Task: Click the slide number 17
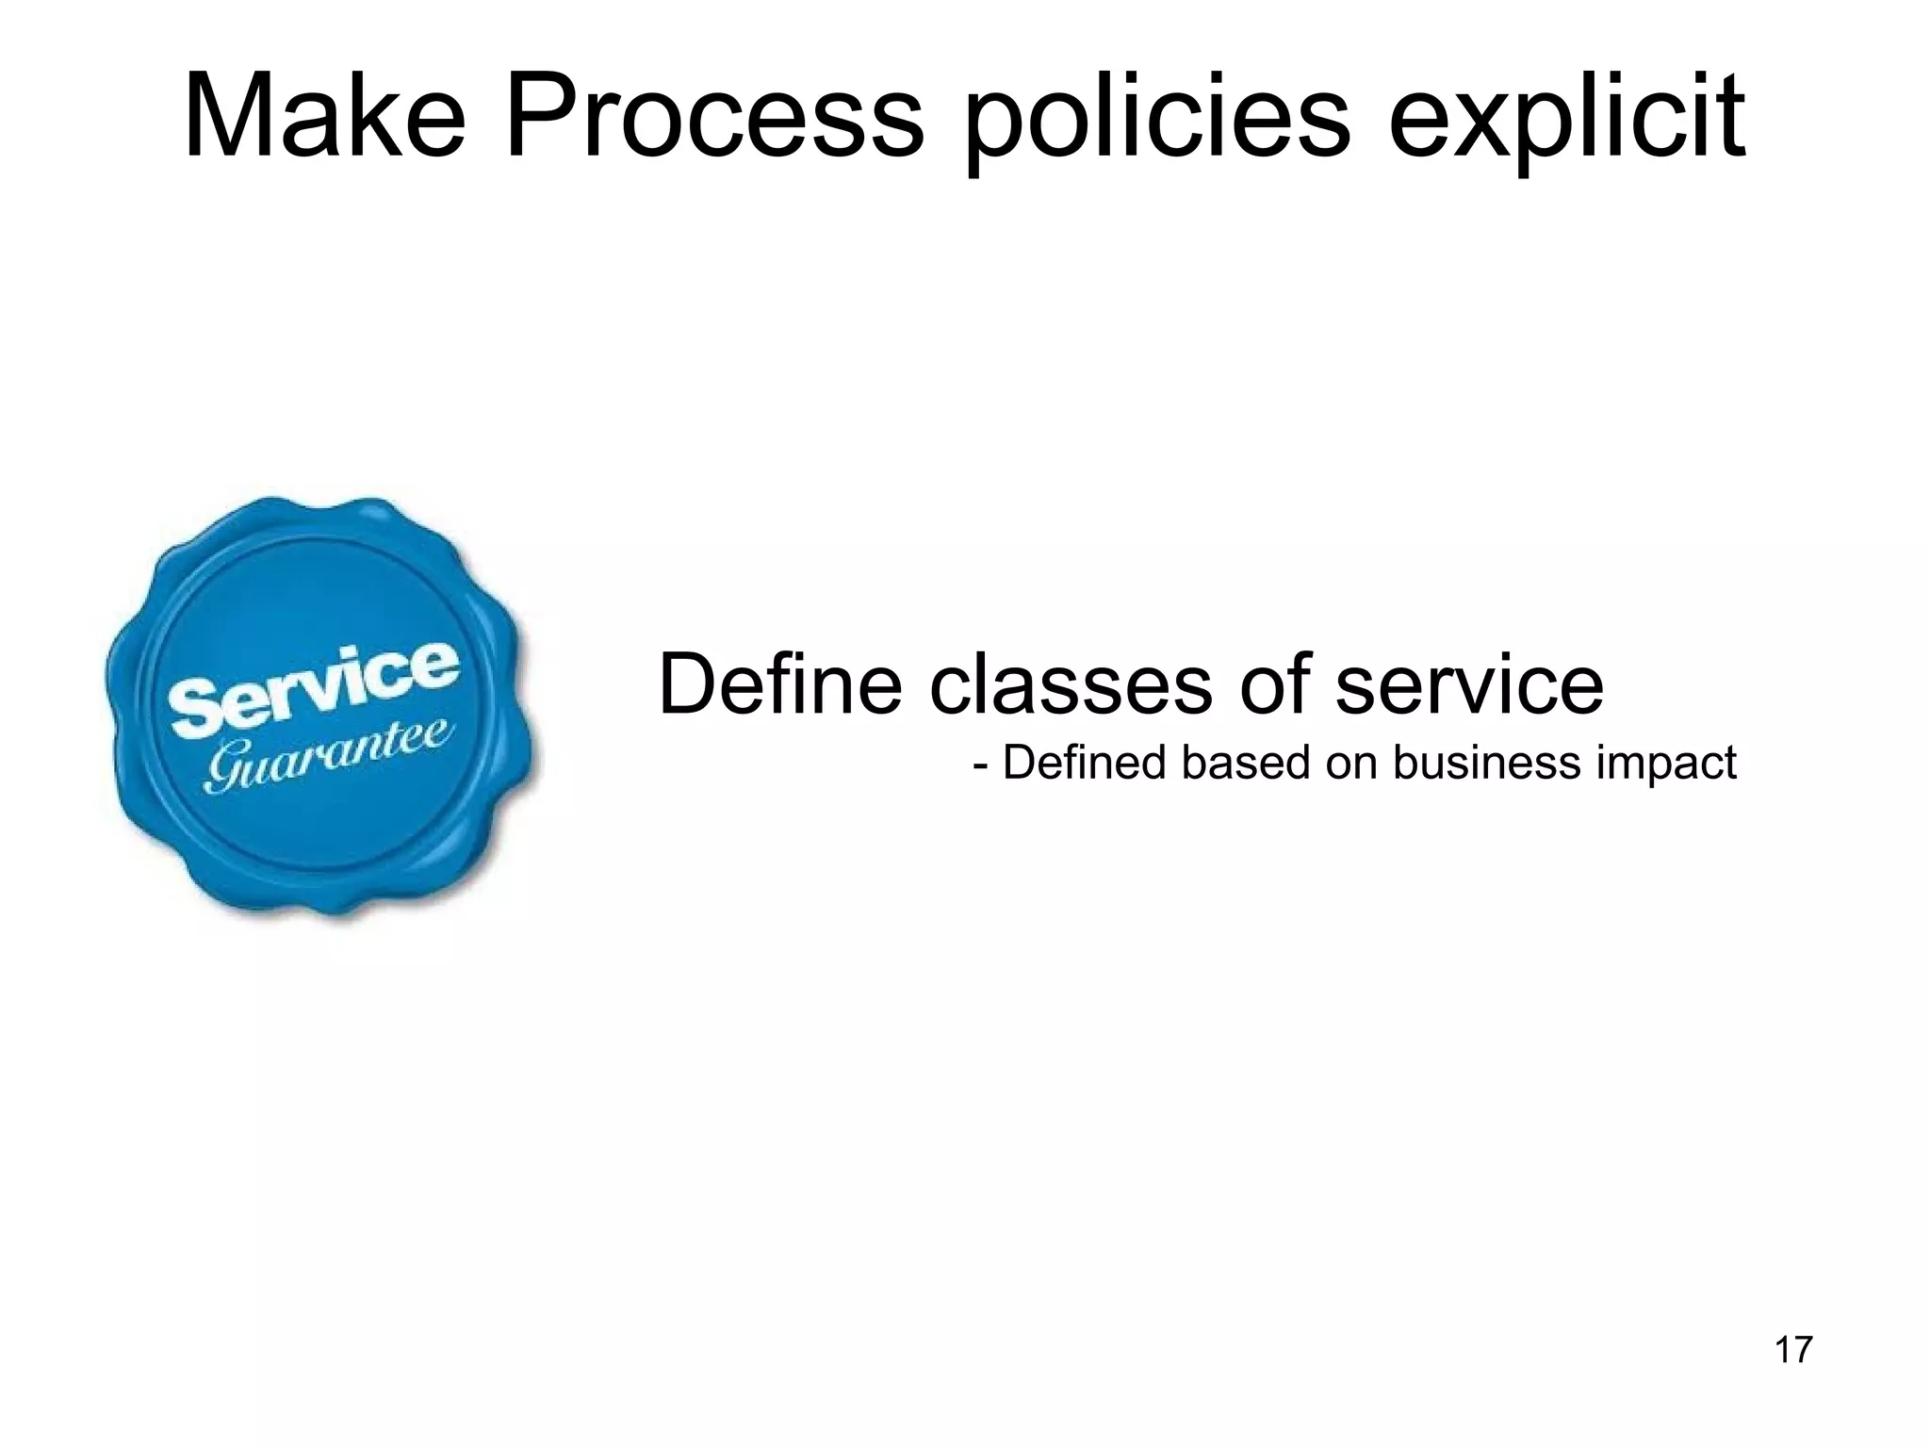pyautogui.click(x=1793, y=1350)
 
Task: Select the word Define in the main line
pyautogui.click(x=779, y=683)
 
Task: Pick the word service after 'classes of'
pyautogui.click(x=1469, y=683)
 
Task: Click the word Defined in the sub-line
pyautogui.click(x=1084, y=762)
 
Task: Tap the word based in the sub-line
pyautogui.click(x=1245, y=762)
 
